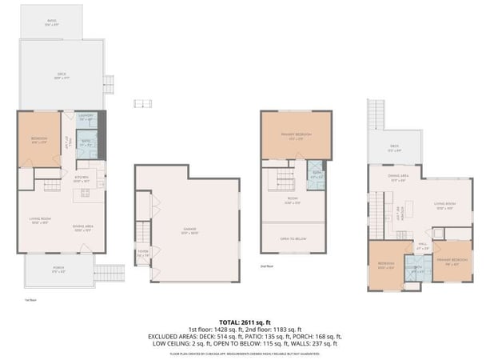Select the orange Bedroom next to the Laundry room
[39, 139]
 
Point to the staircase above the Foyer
[144, 231]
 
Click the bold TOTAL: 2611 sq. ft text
[245, 319]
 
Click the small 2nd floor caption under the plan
[268, 266]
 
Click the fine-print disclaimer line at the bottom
[245, 353]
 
